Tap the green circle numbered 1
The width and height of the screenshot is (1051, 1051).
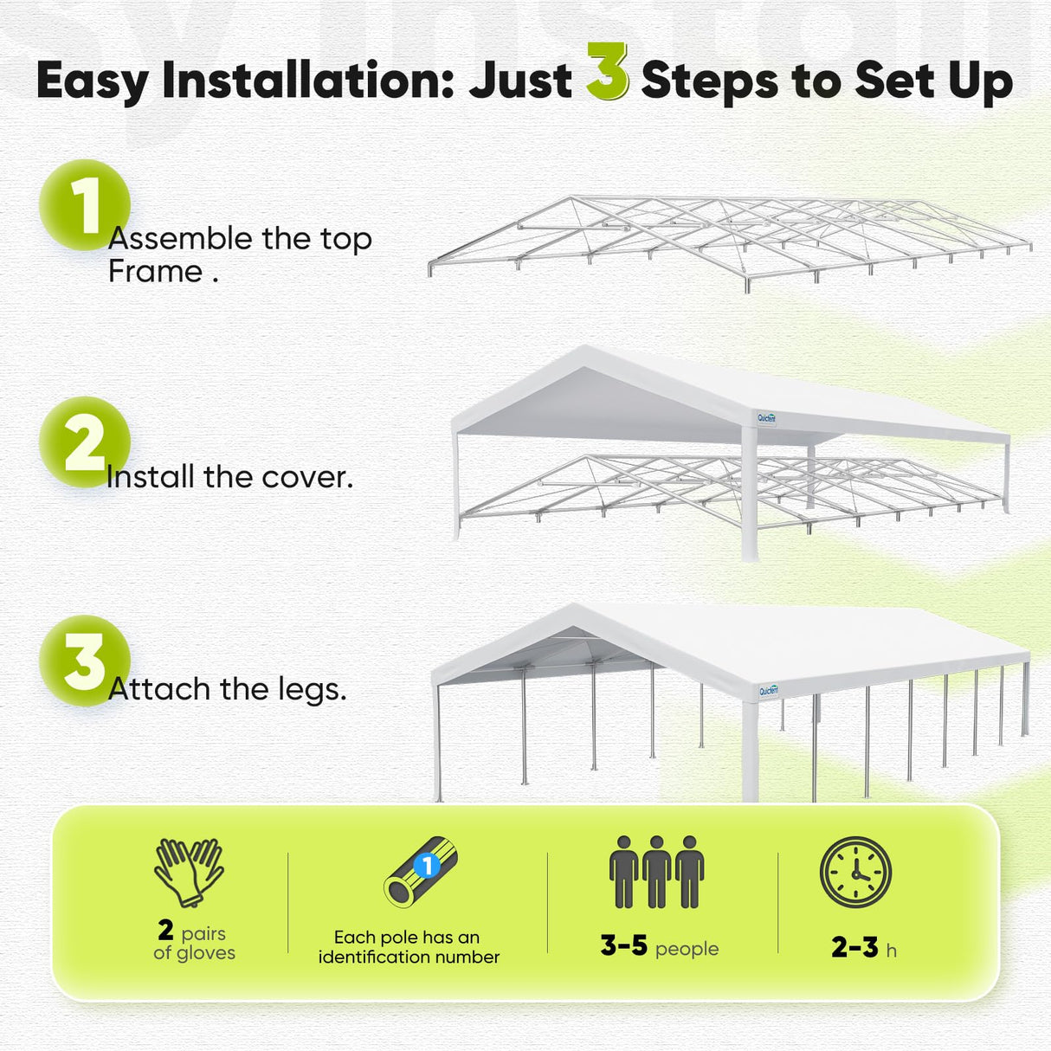(84, 205)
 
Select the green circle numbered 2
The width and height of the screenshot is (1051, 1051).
(84, 442)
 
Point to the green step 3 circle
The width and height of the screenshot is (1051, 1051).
(84, 661)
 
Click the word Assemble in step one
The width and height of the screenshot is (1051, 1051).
(179, 239)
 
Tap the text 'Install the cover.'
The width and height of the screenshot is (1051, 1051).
(229, 477)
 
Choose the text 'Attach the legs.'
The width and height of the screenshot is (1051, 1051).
(227, 689)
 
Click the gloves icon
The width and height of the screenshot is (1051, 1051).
(190, 871)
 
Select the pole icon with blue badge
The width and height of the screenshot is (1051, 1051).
(420, 872)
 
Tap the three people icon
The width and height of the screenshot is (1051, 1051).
(657, 872)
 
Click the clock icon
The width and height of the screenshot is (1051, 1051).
(855, 872)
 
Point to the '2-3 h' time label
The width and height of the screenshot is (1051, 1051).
(863, 948)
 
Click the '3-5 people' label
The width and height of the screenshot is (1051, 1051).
(659, 946)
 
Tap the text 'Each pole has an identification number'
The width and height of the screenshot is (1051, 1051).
(409, 947)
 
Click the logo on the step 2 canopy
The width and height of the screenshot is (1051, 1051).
(767, 418)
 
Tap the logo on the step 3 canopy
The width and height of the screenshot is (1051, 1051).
(769, 690)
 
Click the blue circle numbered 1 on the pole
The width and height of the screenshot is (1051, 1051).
(426, 865)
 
